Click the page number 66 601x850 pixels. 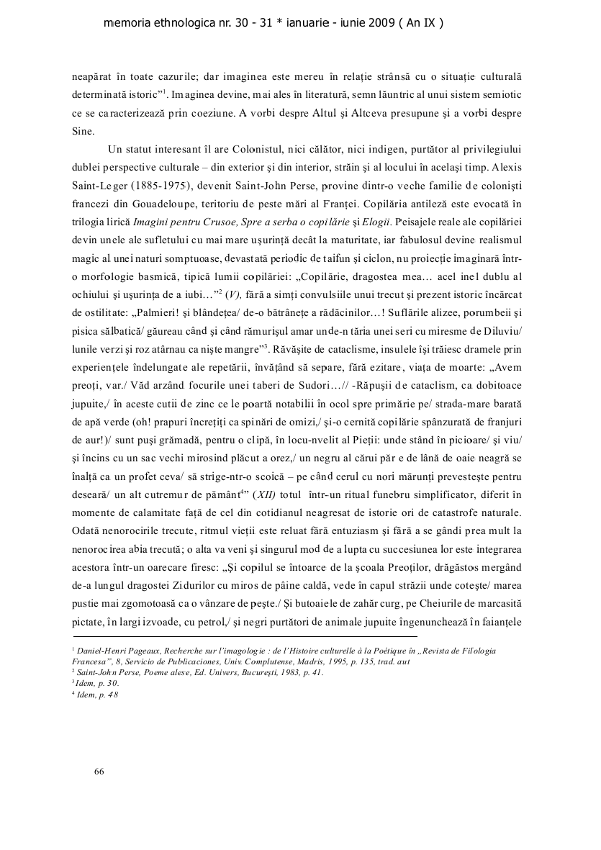tap(99, 772)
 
